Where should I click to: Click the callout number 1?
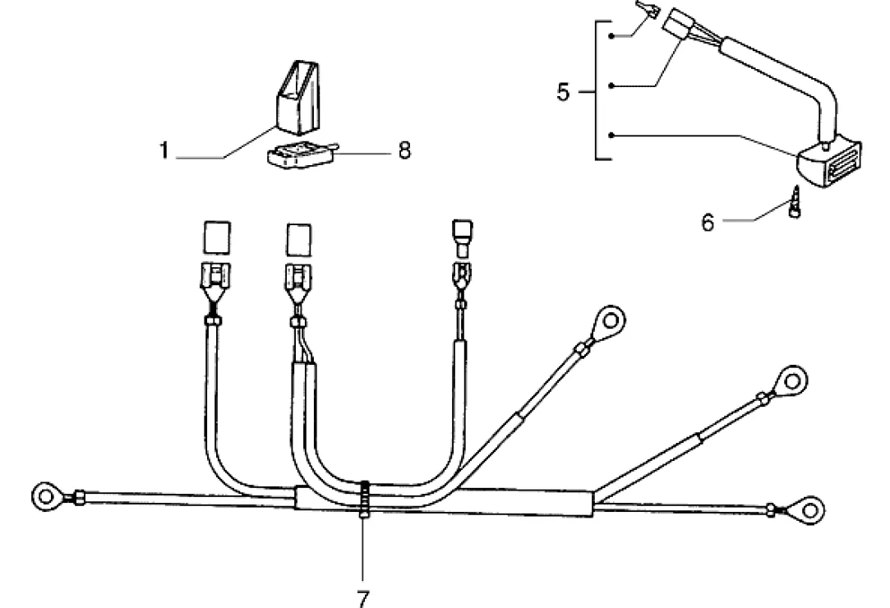pyautogui.click(x=164, y=152)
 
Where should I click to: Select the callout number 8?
pyautogui.click(x=403, y=151)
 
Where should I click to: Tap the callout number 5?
pyautogui.click(x=563, y=92)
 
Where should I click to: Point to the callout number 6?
pyautogui.click(x=708, y=222)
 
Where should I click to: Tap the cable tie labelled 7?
pyautogui.click(x=364, y=497)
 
